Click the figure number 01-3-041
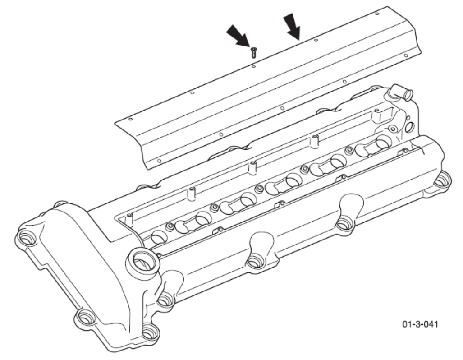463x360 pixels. [x=420, y=324]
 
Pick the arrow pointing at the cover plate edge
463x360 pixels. [x=292, y=27]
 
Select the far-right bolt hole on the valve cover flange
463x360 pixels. [x=442, y=180]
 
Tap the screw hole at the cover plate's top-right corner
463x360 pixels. [x=377, y=14]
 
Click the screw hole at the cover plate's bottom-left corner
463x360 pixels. [x=159, y=161]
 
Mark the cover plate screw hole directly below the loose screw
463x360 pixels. [x=253, y=67]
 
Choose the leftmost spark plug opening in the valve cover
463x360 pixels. [x=159, y=237]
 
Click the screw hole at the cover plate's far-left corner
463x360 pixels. [x=131, y=120]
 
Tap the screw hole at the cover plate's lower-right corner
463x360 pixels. [x=406, y=55]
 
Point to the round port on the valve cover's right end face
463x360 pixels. [x=410, y=128]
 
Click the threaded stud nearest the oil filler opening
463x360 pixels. [x=129, y=218]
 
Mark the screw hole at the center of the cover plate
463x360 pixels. [x=282, y=108]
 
